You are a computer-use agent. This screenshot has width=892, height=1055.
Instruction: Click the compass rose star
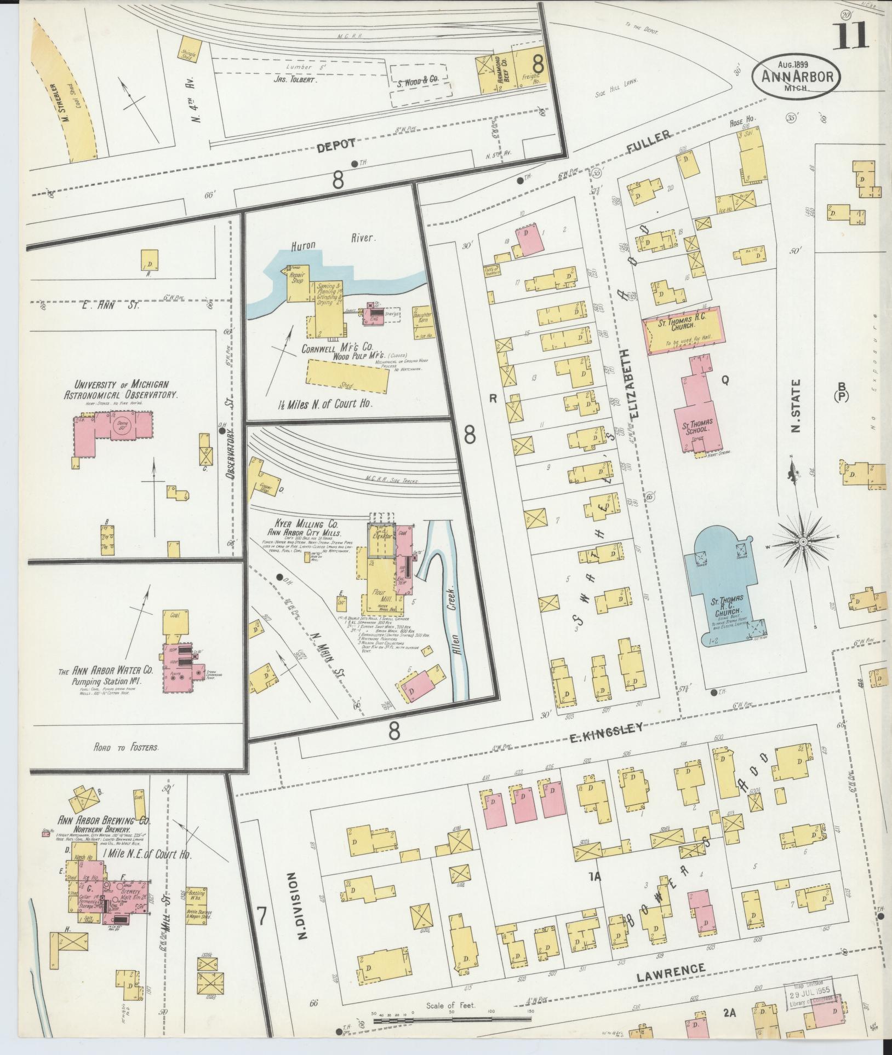802,541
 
